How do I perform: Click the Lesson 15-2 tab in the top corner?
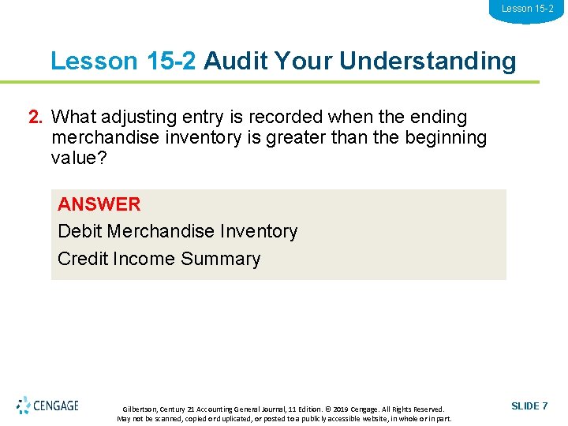527,9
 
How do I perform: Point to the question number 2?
35,118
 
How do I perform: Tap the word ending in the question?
438,118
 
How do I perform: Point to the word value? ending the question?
79,157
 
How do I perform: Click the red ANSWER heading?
99,204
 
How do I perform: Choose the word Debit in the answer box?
80,231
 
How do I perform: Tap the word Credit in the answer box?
83,259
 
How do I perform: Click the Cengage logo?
47,405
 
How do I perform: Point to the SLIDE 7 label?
529,405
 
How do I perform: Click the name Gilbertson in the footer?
140,409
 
